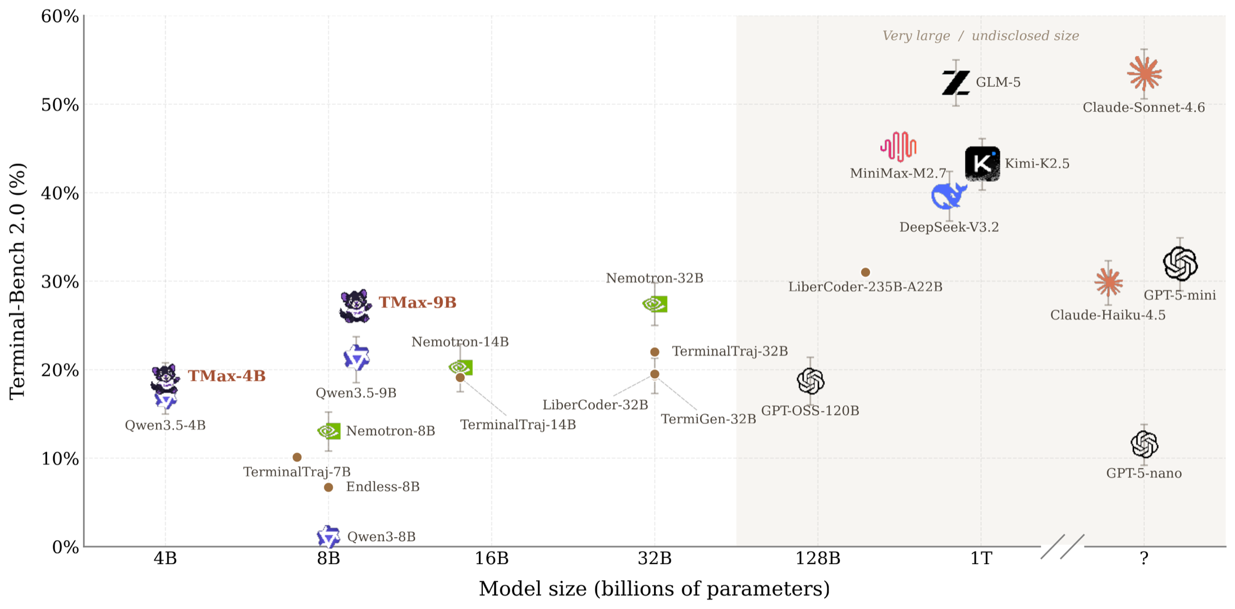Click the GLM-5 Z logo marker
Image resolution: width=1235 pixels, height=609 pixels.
coord(955,83)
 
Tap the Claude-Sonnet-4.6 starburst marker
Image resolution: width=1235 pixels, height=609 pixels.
coord(1144,74)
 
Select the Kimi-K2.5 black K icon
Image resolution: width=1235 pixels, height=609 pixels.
coord(982,164)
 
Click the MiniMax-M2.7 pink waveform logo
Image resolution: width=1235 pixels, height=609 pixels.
coord(898,147)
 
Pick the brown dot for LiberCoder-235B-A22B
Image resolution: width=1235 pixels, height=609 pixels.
coord(866,272)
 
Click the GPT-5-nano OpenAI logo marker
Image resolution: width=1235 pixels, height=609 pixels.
coord(1144,444)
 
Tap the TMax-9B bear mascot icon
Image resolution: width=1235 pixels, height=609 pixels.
coord(355,306)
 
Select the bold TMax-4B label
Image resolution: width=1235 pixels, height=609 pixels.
coord(226,376)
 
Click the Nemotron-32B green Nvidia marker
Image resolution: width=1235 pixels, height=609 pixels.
coord(655,304)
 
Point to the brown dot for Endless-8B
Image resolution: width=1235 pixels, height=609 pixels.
coord(328,488)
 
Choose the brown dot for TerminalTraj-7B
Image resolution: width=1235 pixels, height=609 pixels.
coord(297,457)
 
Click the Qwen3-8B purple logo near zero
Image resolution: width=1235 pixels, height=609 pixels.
coord(328,537)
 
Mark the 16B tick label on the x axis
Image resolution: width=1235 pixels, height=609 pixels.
coord(492,558)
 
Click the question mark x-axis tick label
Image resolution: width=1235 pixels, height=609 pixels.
coord(1144,558)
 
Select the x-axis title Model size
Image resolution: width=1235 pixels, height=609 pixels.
coord(654,589)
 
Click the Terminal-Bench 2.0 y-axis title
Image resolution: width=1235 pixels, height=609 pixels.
coord(18,281)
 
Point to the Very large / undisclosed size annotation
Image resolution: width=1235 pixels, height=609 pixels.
coord(981,36)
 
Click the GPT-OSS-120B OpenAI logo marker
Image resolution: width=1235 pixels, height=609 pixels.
coord(811,381)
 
